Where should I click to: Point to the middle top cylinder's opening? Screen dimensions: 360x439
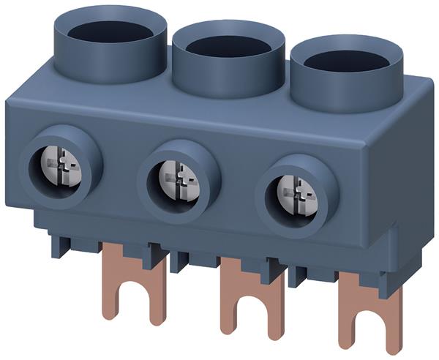[x=227, y=45]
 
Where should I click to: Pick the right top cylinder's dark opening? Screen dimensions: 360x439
[x=346, y=60]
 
